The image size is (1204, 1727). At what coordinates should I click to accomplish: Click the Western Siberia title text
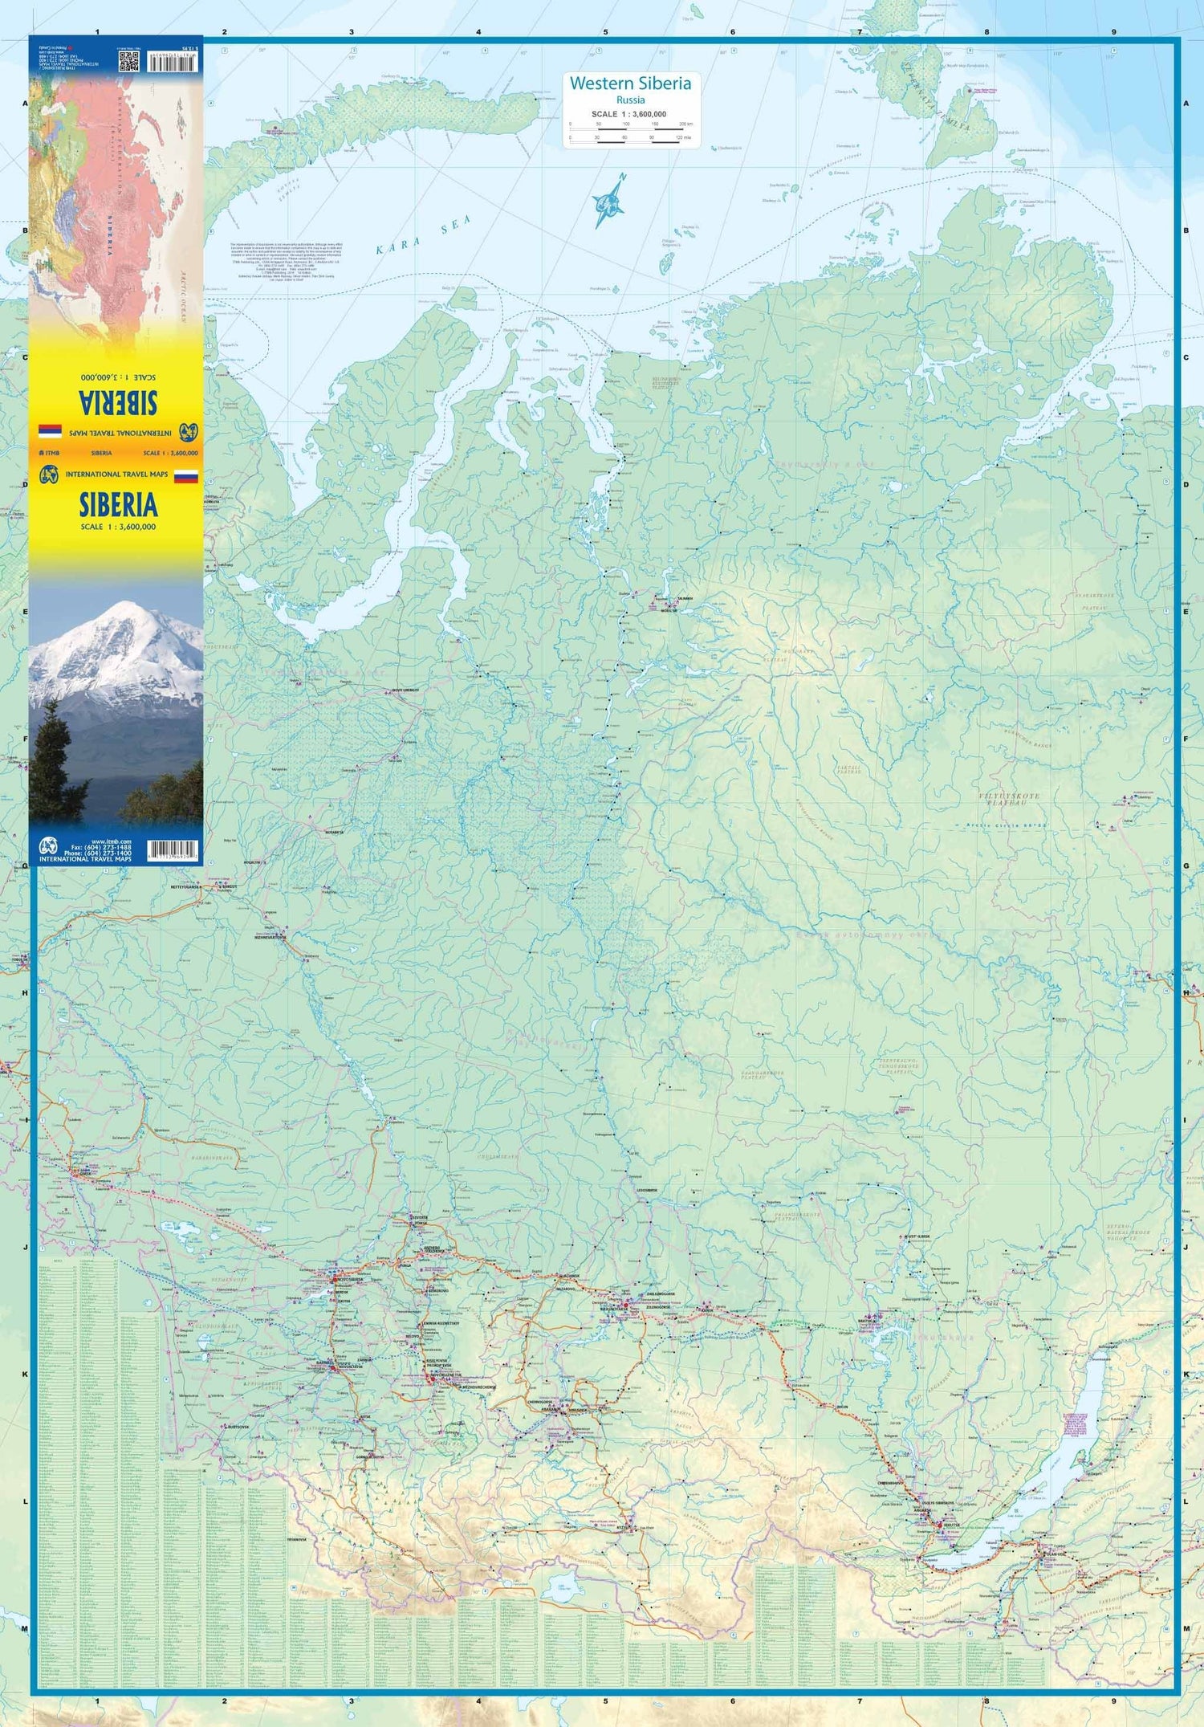coord(630,83)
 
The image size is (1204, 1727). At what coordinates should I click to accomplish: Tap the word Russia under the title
coord(630,100)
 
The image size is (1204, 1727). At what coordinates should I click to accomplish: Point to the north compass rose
coord(610,203)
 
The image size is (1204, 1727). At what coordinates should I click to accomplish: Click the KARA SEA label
coord(423,235)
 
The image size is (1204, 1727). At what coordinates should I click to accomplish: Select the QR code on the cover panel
coord(129,63)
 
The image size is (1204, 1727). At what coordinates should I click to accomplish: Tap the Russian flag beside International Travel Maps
coord(185,477)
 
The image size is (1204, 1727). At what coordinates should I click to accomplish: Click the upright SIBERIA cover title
coord(118,505)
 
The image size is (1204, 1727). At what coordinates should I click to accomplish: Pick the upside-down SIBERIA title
coord(118,402)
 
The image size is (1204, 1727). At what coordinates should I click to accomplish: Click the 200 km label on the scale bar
coord(684,124)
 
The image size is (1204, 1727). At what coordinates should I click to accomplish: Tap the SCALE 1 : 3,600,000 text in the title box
coord(629,114)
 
